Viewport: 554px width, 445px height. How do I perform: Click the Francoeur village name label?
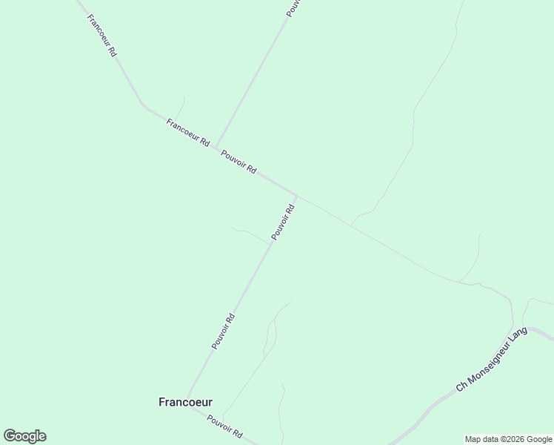point(185,402)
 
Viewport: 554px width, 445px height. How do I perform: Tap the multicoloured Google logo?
point(24,436)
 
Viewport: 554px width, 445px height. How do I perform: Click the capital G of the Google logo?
point(10,436)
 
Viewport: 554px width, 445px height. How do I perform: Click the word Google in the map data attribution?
point(538,439)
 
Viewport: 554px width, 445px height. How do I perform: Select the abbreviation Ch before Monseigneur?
point(461,386)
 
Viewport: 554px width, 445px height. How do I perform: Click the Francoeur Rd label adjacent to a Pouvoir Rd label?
point(188,133)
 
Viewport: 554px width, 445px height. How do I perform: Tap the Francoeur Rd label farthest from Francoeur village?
point(101,36)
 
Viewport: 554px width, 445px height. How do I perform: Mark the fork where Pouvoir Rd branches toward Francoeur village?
point(297,197)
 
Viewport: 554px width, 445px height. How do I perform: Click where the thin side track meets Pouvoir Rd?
point(271,243)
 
